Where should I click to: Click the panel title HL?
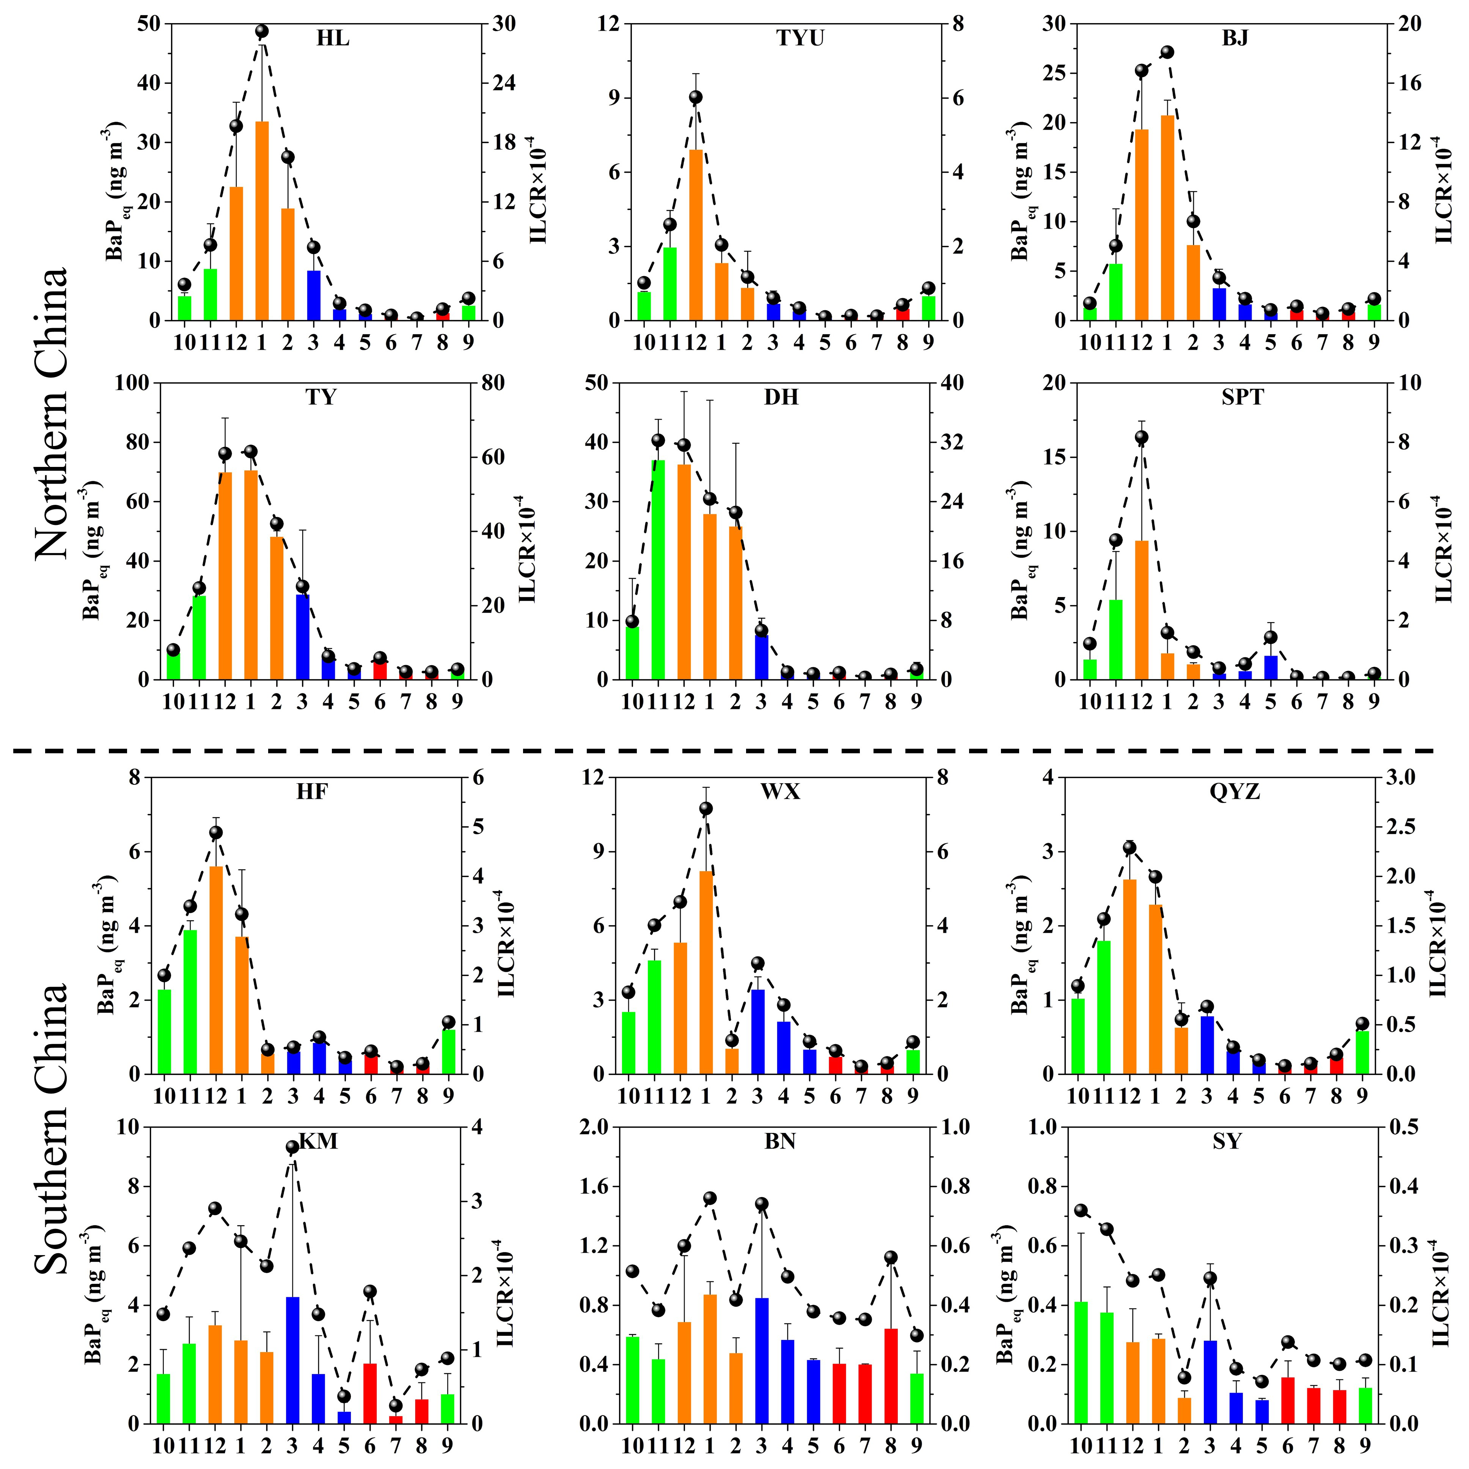click(333, 38)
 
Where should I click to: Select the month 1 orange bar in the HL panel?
click(262, 220)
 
